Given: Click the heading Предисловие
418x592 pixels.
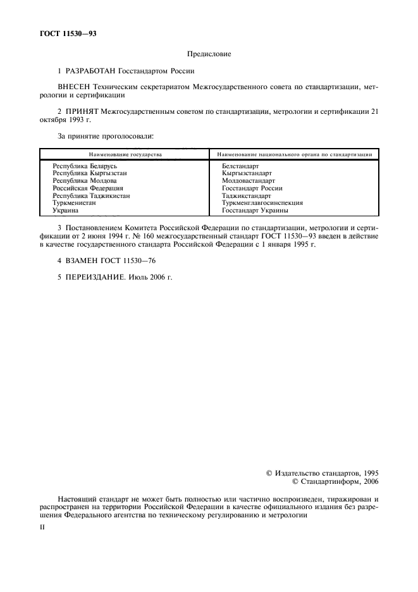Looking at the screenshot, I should pos(209,54).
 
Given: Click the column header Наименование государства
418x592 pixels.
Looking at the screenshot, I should pos(125,154).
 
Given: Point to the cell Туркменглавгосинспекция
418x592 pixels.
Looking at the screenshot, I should pos(262,203).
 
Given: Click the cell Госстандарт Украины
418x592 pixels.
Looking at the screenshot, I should pos(255,211).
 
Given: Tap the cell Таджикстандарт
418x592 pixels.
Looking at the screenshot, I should pos(247,195).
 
